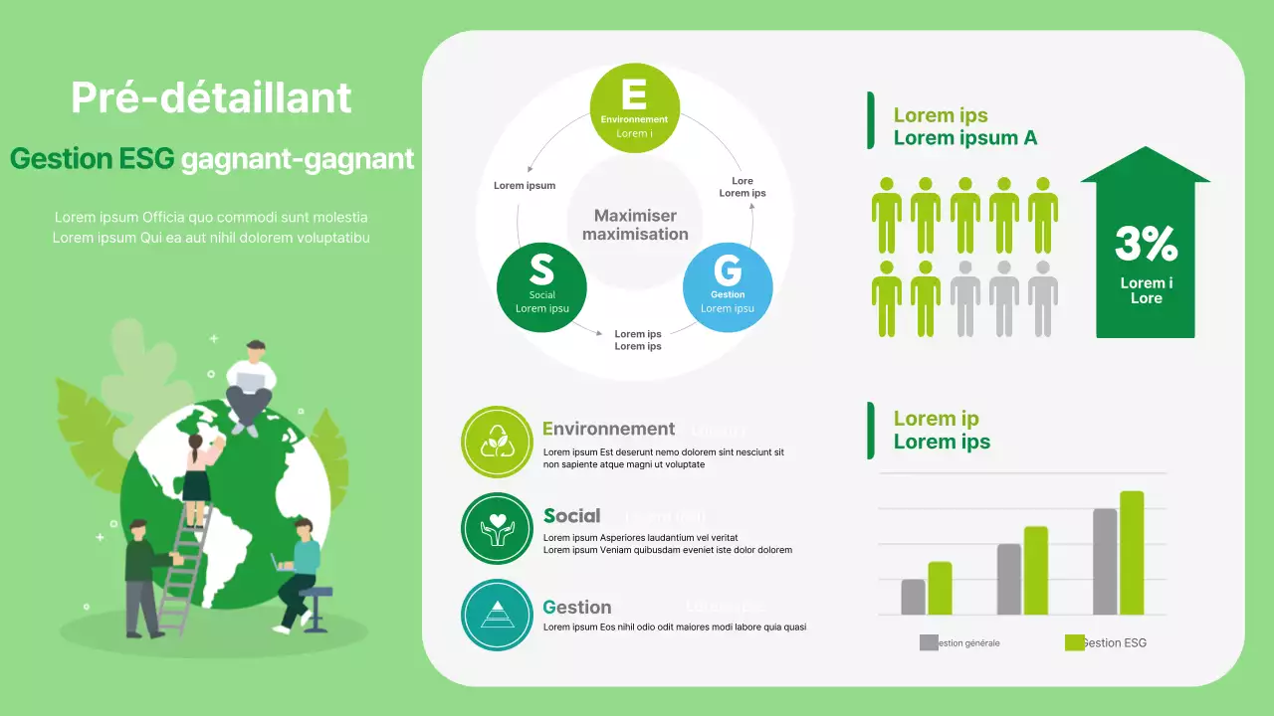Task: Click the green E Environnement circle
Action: [x=635, y=108]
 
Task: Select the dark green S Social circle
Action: [x=541, y=287]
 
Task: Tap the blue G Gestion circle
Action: [x=728, y=287]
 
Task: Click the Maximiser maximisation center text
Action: [x=635, y=225]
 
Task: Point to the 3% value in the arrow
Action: [x=1146, y=244]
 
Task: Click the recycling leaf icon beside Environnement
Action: [x=497, y=442]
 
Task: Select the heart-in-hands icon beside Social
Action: [x=497, y=528]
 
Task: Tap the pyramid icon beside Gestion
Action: [x=497, y=615]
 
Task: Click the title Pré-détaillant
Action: [x=211, y=97]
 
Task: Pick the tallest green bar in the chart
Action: [x=1132, y=553]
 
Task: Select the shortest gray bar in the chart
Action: [x=913, y=597]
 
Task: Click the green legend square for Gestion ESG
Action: [x=1074, y=642]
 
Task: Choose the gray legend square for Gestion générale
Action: [x=929, y=642]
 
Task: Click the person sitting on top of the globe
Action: [x=250, y=383]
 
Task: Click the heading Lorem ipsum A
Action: [x=964, y=138]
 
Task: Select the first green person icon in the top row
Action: [x=886, y=215]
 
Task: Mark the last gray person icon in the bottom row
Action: [x=1042, y=297]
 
